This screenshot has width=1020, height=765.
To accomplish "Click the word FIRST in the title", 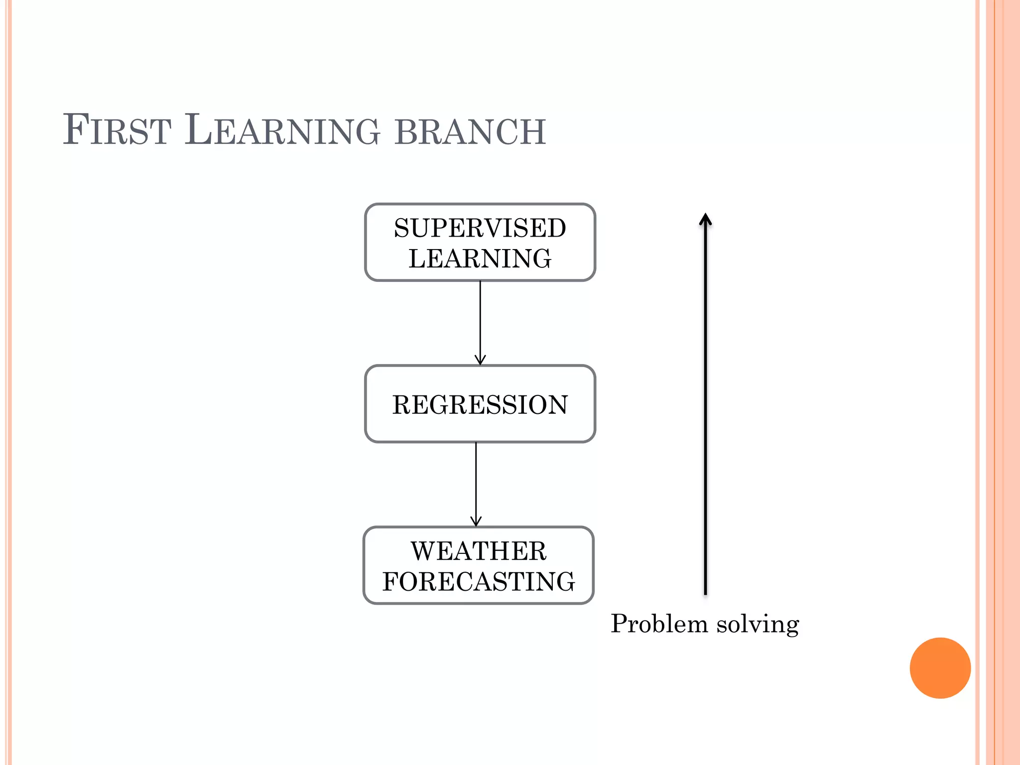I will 117,130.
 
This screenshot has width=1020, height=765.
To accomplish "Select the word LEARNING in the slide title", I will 282,130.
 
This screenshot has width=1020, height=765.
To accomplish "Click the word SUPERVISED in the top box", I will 480,228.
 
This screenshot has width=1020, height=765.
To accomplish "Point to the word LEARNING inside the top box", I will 480,258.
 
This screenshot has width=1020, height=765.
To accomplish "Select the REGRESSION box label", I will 480,404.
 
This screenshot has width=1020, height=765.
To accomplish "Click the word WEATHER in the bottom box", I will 478,551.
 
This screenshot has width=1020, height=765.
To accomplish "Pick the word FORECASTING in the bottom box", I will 478,581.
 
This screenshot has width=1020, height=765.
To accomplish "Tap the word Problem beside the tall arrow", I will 659,624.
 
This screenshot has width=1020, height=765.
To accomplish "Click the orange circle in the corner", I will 940,668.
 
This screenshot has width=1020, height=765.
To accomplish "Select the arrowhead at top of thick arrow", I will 705,220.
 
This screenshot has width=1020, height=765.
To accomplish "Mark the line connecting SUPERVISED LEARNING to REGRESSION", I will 480,319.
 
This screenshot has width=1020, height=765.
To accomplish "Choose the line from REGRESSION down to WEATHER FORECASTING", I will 476,481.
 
